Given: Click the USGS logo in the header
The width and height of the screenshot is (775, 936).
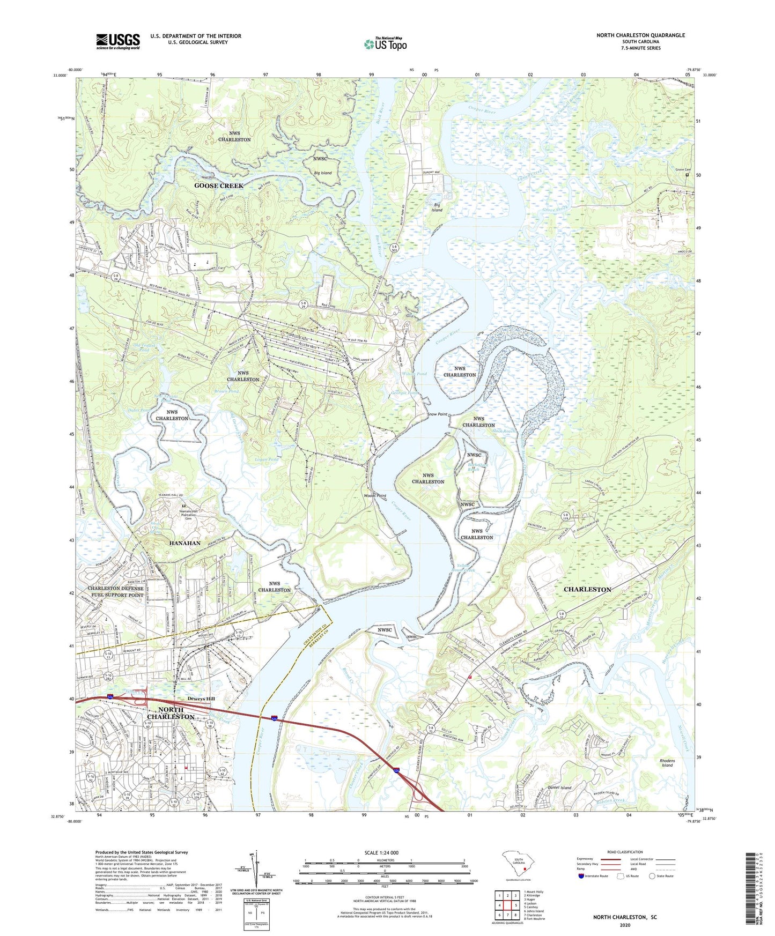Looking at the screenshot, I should tap(118, 41).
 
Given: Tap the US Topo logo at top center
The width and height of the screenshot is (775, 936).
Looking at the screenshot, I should tap(385, 44).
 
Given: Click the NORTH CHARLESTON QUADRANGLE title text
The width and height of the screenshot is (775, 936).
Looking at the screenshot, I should tap(640, 35).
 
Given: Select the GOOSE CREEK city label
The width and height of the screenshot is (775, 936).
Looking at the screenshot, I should tap(219, 185).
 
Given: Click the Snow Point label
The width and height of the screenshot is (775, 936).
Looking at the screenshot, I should tap(438, 414).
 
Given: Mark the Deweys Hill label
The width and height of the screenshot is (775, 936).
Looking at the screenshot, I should tap(201, 699).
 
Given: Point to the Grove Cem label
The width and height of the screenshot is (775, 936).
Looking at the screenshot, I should tap(683, 169).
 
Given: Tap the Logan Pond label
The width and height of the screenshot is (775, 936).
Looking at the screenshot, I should tap(266, 459).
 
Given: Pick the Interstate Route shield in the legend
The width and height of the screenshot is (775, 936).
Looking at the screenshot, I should tap(582, 876).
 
